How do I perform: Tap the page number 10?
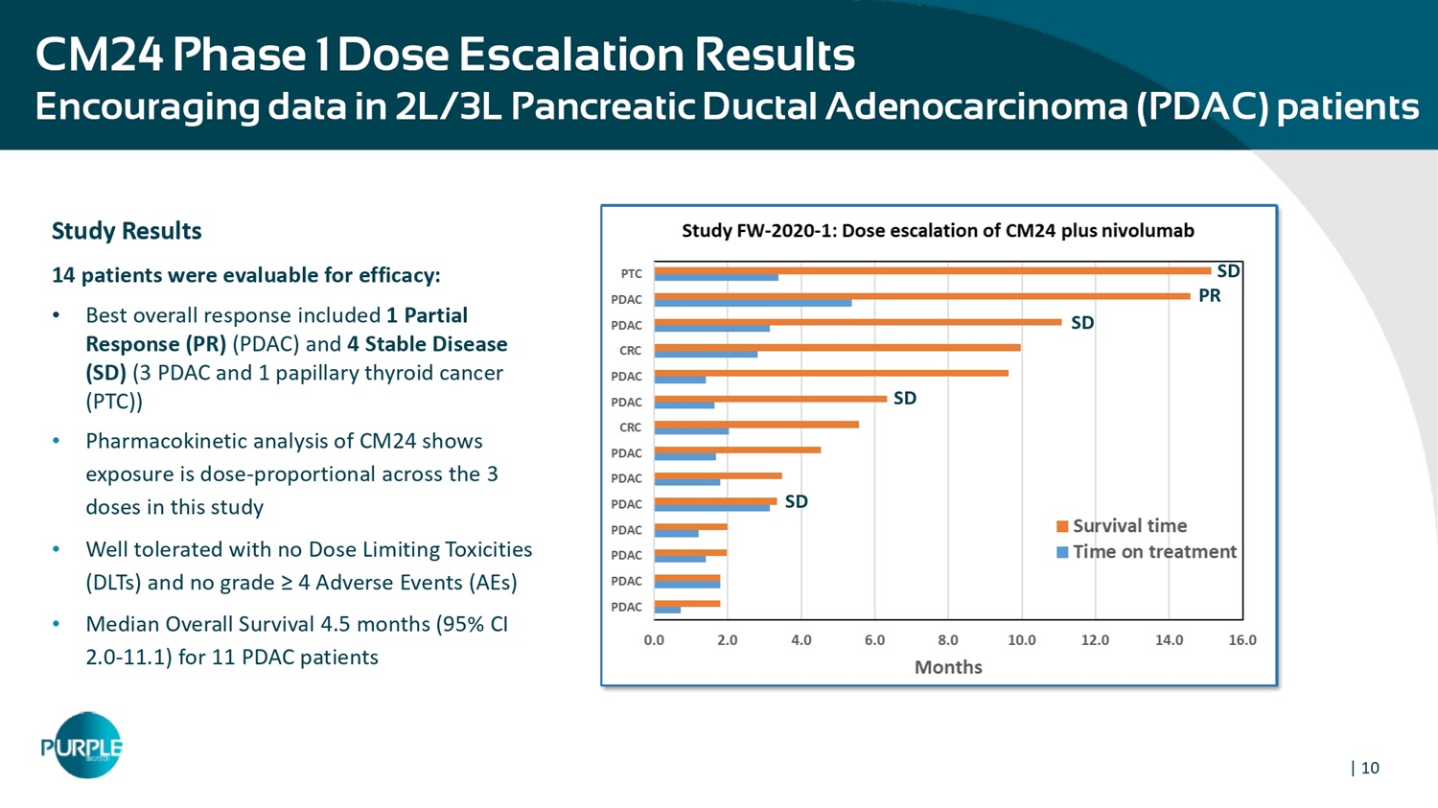pyautogui.click(x=1370, y=768)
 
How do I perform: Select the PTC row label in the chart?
pyautogui.click(x=631, y=274)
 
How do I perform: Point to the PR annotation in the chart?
pyautogui.click(x=1209, y=296)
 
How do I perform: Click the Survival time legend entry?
pyautogui.click(x=1128, y=525)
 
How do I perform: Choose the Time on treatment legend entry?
pyautogui.click(x=1153, y=551)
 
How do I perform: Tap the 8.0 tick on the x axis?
pyautogui.click(x=947, y=640)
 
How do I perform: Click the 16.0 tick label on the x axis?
pyautogui.click(x=1241, y=640)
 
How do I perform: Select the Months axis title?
pyautogui.click(x=947, y=667)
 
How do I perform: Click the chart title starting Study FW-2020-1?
pyautogui.click(x=937, y=230)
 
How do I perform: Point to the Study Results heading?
pyautogui.click(x=127, y=231)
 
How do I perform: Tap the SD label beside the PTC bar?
pyautogui.click(x=1228, y=271)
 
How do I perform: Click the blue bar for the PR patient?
pyautogui.click(x=753, y=303)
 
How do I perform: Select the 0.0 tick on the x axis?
pyautogui.click(x=654, y=640)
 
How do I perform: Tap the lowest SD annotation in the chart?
pyautogui.click(x=796, y=501)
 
